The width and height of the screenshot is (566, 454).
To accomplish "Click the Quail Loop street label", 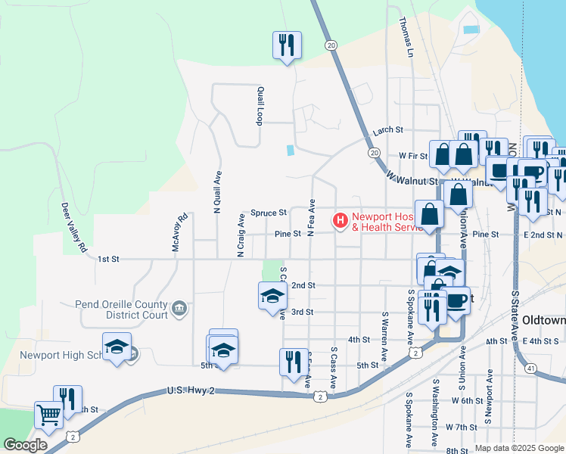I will pos(260,106).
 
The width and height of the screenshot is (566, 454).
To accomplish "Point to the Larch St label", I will pos(387,131).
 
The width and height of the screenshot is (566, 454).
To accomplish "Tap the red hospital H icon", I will pos(341,221).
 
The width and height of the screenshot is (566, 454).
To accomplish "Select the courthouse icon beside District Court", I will pos(180,307).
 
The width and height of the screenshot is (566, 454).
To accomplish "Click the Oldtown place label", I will pos(543,321).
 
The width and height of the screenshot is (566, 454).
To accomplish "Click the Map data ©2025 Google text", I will pos(518,448).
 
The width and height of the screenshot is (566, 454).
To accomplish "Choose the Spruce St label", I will pos(269,213).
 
